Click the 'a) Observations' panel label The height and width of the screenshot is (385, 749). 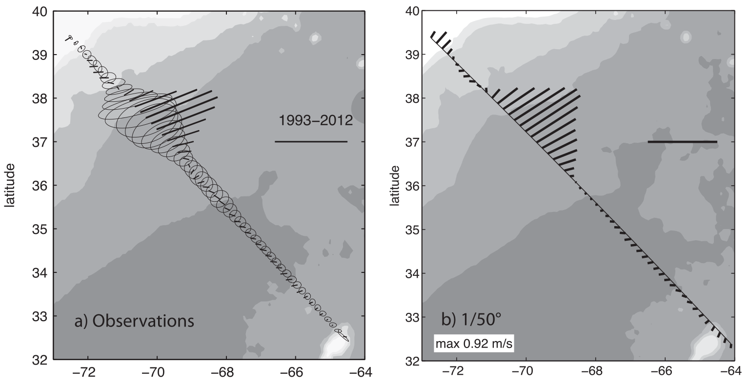(134, 322)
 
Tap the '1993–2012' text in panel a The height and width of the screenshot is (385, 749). (316, 120)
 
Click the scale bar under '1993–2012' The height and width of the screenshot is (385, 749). (311, 142)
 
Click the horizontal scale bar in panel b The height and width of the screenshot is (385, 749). (682, 142)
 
